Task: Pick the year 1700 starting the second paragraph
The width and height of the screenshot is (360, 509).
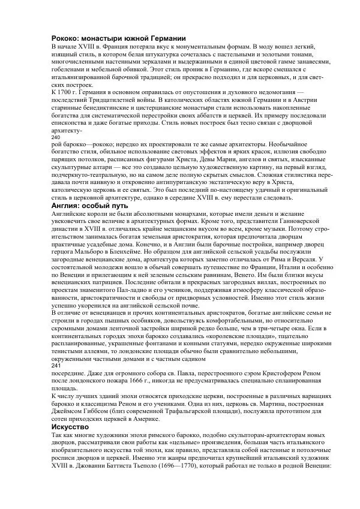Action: tap(70, 91)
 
